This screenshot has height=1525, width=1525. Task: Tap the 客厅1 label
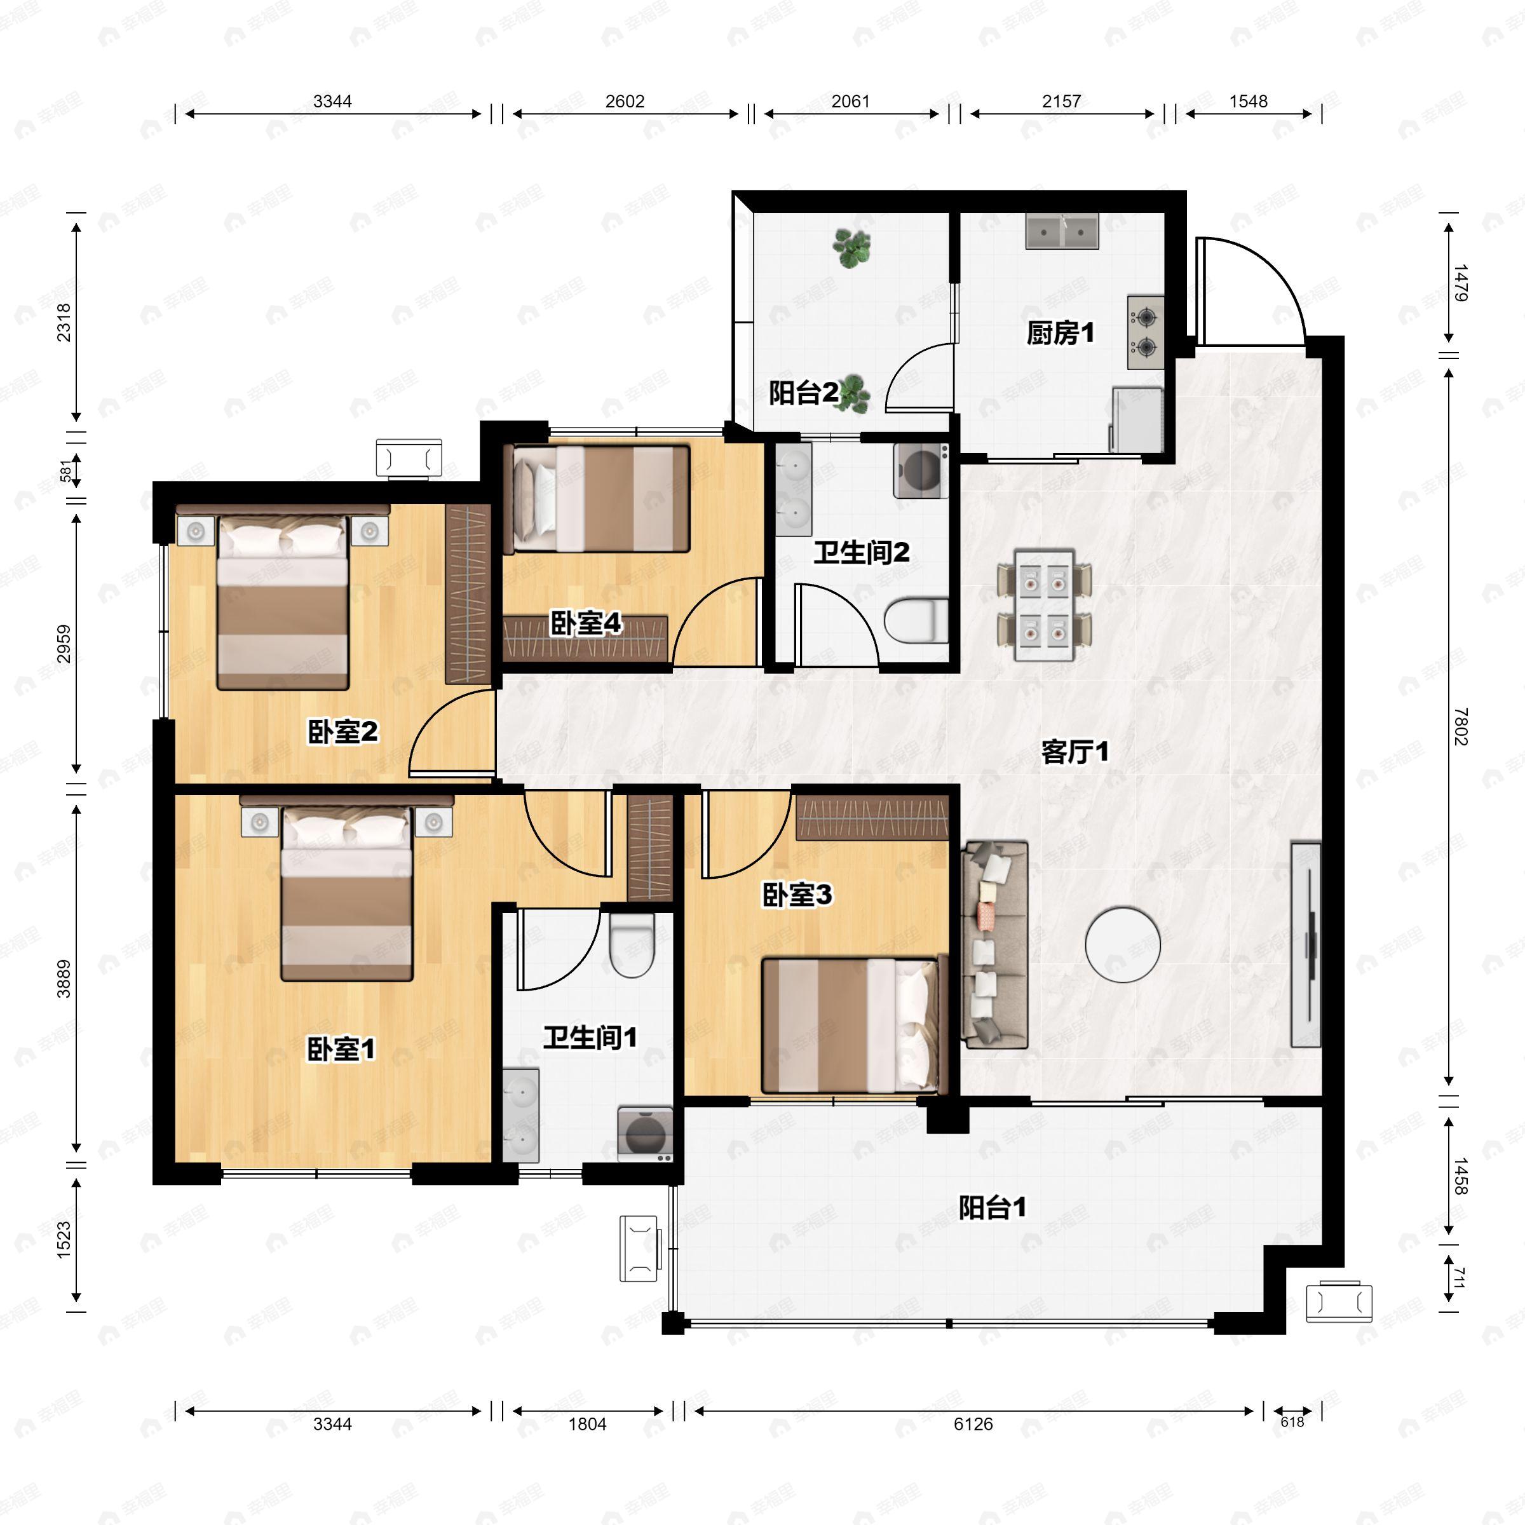pos(1074,752)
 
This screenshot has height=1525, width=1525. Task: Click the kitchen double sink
pos(1062,231)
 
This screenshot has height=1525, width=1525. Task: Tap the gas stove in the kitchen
pos(1145,332)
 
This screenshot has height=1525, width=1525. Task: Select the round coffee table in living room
pos(1122,945)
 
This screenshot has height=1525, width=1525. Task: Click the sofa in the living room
pos(995,945)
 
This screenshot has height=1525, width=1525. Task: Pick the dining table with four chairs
pos(1044,606)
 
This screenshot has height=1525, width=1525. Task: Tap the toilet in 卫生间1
pos(632,945)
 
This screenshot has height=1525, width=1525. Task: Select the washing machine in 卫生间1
pos(645,1134)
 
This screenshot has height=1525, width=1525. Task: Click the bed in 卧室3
pos(850,1026)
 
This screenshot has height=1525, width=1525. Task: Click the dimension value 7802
pos(1461,726)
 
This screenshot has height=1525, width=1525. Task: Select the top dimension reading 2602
pos(625,101)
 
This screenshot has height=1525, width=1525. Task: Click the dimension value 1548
pos(1248,101)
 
